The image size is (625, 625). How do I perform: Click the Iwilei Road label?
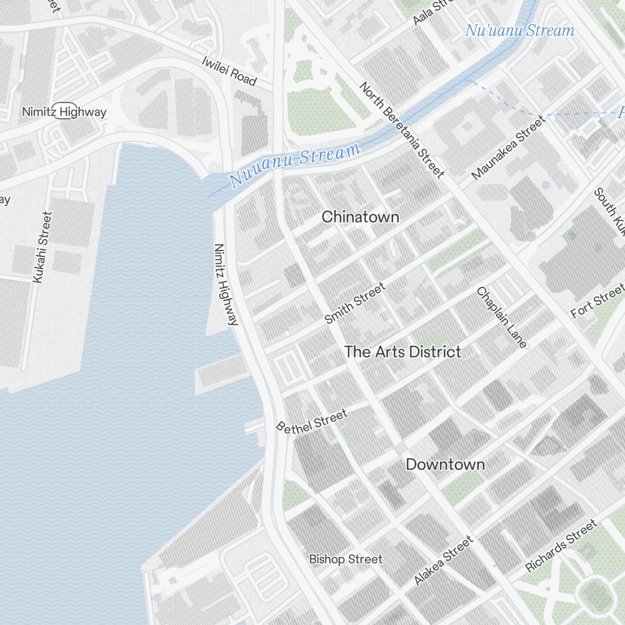coord(229,71)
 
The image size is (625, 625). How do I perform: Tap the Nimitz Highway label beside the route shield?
coord(64,112)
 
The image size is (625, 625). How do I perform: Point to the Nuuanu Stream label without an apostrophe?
coord(295,165)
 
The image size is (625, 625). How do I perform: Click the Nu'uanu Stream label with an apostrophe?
coord(519,30)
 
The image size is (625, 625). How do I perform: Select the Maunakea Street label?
coord(508,146)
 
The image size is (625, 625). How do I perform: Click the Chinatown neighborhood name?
coord(360,217)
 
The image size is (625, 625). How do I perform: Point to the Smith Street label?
coord(355,303)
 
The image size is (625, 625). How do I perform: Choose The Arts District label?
coord(402,352)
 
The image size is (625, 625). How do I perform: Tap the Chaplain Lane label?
coord(502,317)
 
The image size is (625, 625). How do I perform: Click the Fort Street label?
coord(597,301)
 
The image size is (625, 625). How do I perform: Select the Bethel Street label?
coord(312,421)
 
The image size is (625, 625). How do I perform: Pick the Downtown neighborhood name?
coord(445,464)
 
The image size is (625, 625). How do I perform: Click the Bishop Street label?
coord(346,559)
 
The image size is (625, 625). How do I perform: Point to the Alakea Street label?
coord(443,561)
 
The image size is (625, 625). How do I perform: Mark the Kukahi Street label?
coord(41,247)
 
